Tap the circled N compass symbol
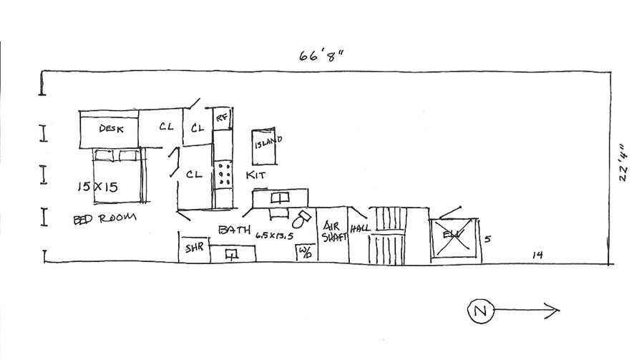click(481, 311)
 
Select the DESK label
click(111, 129)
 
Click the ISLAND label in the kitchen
click(268, 142)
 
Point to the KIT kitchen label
click(255, 175)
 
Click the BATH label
click(234, 230)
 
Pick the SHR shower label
click(195, 249)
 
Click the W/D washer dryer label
click(306, 252)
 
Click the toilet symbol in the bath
click(301, 218)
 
